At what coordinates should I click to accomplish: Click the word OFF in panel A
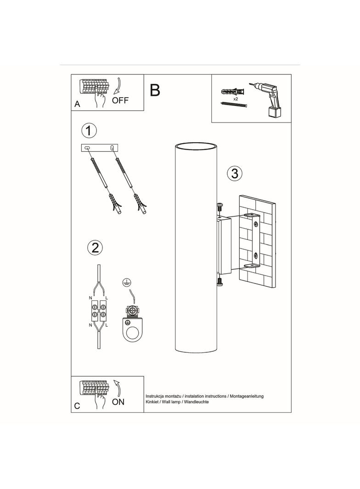click(x=120, y=100)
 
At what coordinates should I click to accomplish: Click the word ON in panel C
click(x=118, y=402)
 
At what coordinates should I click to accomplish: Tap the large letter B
click(x=155, y=90)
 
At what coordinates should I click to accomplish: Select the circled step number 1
click(x=89, y=131)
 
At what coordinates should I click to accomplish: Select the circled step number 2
click(x=95, y=248)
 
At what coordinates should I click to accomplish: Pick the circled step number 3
click(x=235, y=173)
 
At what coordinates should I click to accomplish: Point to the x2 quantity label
click(x=236, y=99)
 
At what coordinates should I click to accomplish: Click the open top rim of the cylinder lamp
click(x=196, y=146)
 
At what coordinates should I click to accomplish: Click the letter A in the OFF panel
click(x=77, y=104)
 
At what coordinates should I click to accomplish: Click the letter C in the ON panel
click(x=77, y=406)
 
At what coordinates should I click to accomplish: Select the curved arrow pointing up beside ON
click(x=118, y=387)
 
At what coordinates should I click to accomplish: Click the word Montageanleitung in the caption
click(x=247, y=396)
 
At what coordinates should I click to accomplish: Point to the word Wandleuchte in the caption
click(x=197, y=402)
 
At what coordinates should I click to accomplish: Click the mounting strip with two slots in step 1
click(x=100, y=148)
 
